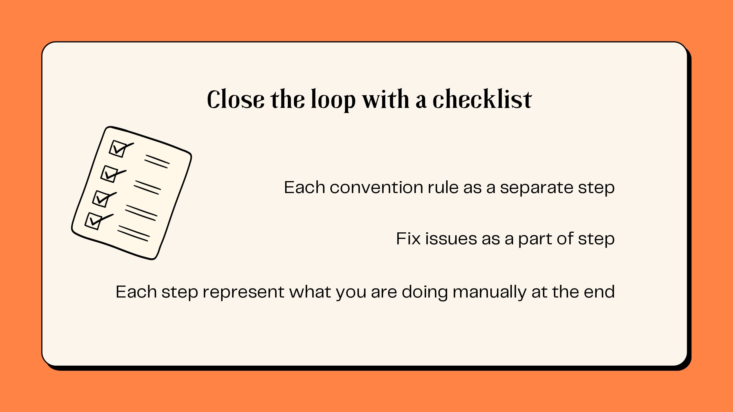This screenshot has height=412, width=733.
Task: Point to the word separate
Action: pyautogui.click(x=536, y=188)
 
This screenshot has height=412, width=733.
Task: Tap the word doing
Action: pyautogui.click(x=424, y=292)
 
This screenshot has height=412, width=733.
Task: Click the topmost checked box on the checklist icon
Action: pyautogui.click(x=118, y=148)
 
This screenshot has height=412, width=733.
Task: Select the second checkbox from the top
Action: pyautogui.click(x=109, y=174)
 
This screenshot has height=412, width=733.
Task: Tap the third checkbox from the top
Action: pyautogui.click(x=101, y=198)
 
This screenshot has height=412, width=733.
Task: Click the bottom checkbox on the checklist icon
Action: pyautogui.click(x=93, y=221)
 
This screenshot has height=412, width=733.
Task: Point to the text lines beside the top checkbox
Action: pyautogui.click(x=157, y=162)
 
